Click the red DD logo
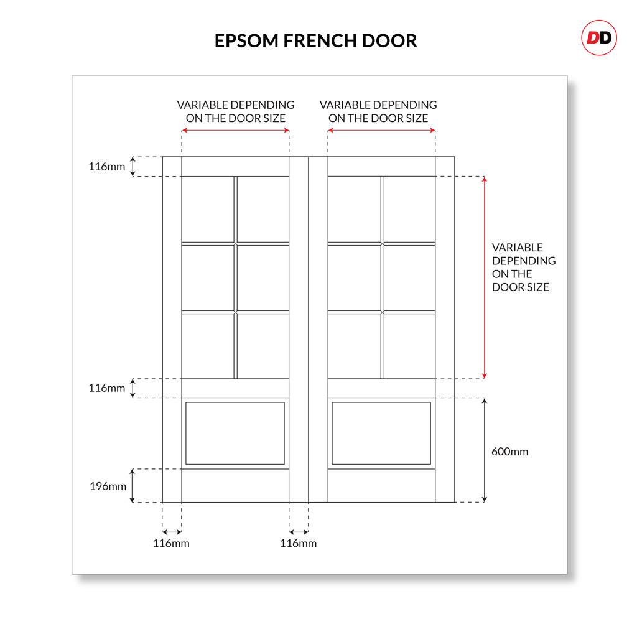pyautogui.click(x=599, y=38)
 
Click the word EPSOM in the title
pyautogui.click(x=246, y=41)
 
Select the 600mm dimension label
pyautogui.click(x=509, y=452)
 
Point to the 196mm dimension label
pyautogui.click(x=108, y=486)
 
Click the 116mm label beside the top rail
pyautogui.click(x=106, y=166)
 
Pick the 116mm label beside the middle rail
pyautogui.click(x=106, y=388)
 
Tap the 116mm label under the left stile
pyautogui.click(x=171, y=543)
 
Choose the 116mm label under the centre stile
pyautogui.click(x=298, y=543)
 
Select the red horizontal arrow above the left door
pyautogui.click(x=235, y=131)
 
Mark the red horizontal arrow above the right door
pyautogui.click(x=381, y=131)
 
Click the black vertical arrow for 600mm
pyautogui.click(x=484, y=450)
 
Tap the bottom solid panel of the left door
pyautogui.click(x=235, y=433)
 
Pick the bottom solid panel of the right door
pyautogui.click(x=381, y=433)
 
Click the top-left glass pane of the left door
pyautogui.click(x=208, y=209)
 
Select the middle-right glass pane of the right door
pyautogui.click(x=409, y=278)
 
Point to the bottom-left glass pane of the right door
pyautogui.click(x=354, y=346)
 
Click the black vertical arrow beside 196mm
pyautogui.click(x=132, y=485)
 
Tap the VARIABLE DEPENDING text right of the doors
pyautogui.click(x=524, y=254)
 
